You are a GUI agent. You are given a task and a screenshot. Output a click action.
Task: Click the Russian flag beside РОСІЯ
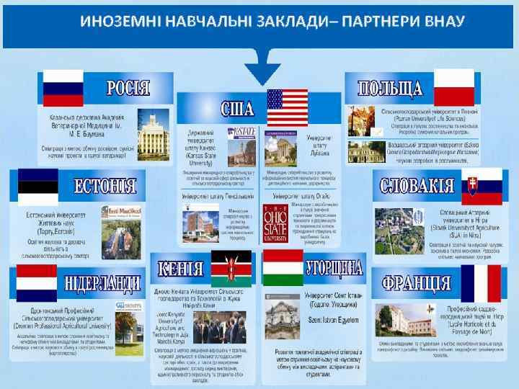(63, 87)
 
